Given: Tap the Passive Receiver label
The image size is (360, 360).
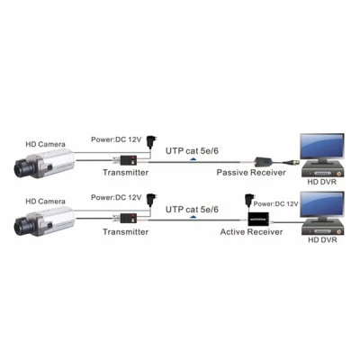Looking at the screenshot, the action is click(x=251, y=173).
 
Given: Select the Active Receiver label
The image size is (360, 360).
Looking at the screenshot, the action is click(x=251, y=232).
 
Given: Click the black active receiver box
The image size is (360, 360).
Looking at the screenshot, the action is click(x=257, y=220).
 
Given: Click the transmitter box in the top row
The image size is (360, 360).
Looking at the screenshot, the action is click(x=129, y=160).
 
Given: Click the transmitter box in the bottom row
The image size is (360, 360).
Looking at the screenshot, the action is click(x=129, y=219).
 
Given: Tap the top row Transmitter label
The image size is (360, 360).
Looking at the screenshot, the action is click(x=126, y=173).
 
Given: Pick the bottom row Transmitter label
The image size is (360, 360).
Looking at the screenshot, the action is click(x=126, y=232).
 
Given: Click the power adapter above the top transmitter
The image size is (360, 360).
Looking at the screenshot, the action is click(x=150, y=141).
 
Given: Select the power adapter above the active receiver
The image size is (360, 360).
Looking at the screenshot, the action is click(x=248, y=200).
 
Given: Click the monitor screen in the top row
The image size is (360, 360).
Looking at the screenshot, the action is click(x=322, y=147).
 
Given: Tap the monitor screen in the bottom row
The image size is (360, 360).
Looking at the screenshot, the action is click(x=322, y=205).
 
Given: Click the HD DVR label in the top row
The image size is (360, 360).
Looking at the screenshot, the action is click(x=322, y=182).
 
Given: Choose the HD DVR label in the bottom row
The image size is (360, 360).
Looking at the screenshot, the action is click(x=322, y=240).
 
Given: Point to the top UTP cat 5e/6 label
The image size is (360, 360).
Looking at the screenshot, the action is click(x=192, y=151).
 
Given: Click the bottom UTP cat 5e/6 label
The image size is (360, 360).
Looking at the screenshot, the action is click(x=192, y=210).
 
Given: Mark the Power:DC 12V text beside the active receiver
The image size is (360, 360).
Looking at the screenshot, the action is click(x=276, y=204).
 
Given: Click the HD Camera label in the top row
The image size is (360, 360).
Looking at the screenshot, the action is click(x=45, y=144).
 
